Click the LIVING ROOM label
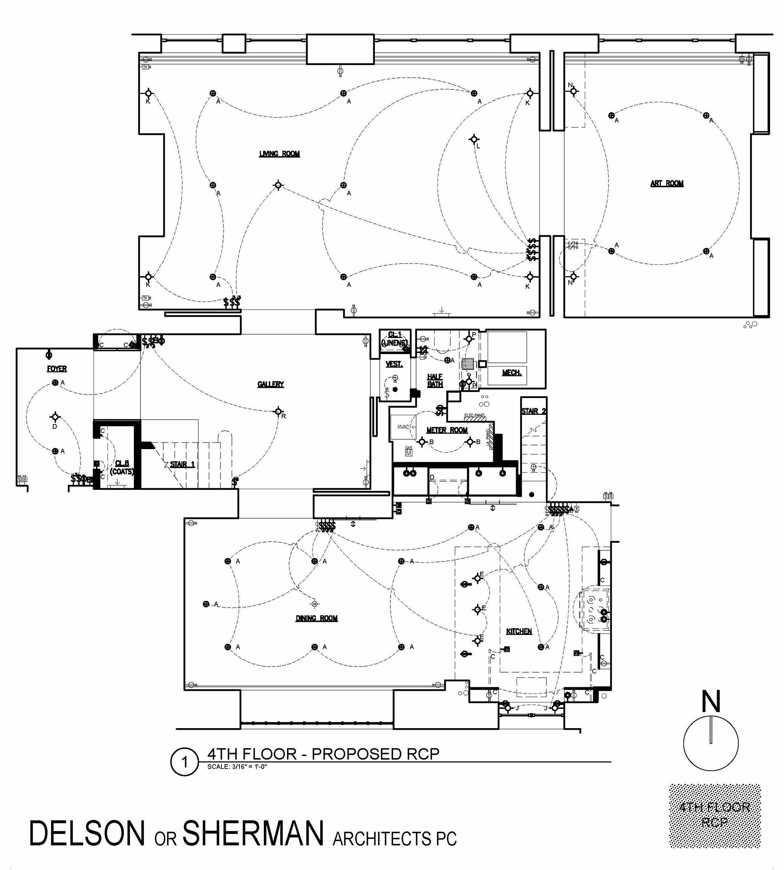pos(279,154)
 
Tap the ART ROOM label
pos(667,183)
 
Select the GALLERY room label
pos(271,384)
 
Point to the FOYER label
pos(57,369)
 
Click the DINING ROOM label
pos(316,618)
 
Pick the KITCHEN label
pos(519,631)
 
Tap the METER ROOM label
pos(447,430)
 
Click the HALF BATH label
pos(435,380)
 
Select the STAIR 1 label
pos(182,464)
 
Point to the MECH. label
pos(512,373)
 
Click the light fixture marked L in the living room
pos(474,139)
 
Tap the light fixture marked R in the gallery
pos(278,411)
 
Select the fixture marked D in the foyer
pos(55,417)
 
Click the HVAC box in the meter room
pos(403,427)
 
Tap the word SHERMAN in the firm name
pos(253,833)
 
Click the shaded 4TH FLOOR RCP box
pos(715,816)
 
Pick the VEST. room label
pos(394,364)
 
